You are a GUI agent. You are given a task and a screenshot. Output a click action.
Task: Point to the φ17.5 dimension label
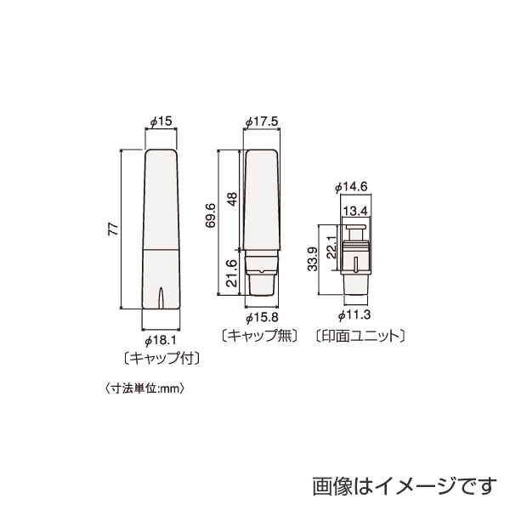point(262,123)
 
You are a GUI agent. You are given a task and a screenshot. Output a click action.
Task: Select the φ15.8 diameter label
point(262,317)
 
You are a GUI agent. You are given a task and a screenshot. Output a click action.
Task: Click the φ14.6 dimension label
point(352,186)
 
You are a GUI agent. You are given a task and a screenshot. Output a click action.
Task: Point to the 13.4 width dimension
point(355,210)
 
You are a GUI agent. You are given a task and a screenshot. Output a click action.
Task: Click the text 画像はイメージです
point(399,485)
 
